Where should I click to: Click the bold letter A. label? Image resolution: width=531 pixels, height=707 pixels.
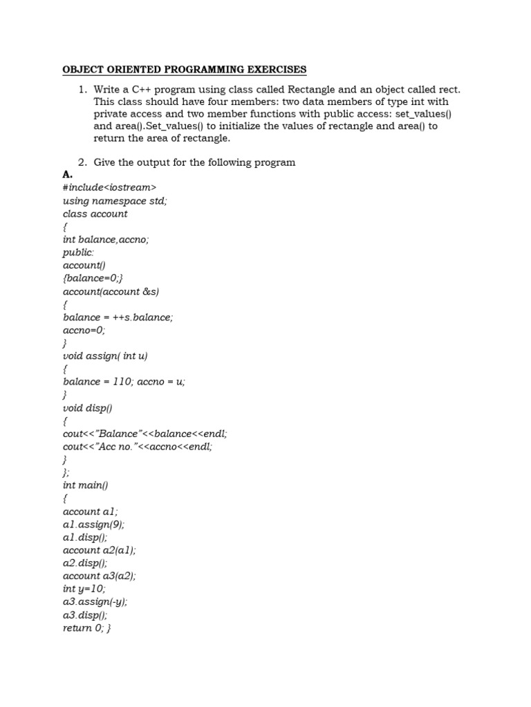click(67, 175)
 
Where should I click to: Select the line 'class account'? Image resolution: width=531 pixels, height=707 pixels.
click(95, 214)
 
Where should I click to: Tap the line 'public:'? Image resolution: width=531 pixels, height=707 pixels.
click(78, 253)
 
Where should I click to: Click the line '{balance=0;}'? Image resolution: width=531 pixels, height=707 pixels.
click(93, 278)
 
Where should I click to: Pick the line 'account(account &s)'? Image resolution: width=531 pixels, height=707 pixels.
click(111, 291)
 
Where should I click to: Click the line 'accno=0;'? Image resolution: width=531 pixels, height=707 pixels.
click(85, 330)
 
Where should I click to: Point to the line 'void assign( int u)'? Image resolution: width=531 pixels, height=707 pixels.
click(105, 356)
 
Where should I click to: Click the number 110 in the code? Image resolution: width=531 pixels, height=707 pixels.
click(122, 382)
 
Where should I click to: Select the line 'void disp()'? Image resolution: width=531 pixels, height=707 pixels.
click(87, 408)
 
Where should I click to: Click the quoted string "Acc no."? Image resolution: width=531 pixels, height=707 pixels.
click(115, 447)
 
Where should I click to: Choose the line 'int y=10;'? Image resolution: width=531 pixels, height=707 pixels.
click(84, 589)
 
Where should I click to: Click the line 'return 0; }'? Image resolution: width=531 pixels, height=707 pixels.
click(87, 628)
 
